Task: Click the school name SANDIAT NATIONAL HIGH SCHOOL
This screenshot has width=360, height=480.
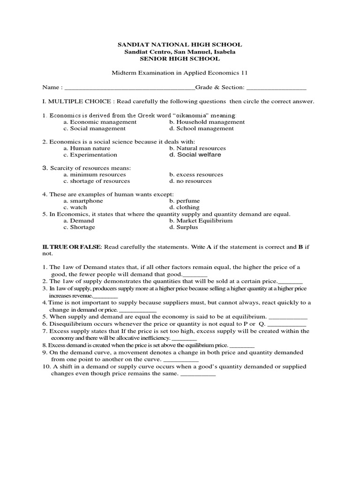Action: [x=180, y=45]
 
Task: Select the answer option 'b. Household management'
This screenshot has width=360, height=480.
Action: [x=207, y=122]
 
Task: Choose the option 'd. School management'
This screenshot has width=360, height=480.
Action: [x=201, y=128]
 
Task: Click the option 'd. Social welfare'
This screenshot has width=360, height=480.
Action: [x=195, y=155]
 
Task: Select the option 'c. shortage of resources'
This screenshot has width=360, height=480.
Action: [x=97, y=181]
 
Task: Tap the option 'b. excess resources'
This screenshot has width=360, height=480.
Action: [x=196, y=174]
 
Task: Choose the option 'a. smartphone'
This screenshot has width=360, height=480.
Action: [x=83, y=201]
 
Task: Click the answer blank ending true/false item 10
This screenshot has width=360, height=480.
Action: [x=198, y=375]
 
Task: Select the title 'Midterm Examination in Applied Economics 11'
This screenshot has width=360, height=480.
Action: [x=179, y=73]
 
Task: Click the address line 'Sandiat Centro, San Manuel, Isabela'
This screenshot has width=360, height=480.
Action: [x=180, y=52]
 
